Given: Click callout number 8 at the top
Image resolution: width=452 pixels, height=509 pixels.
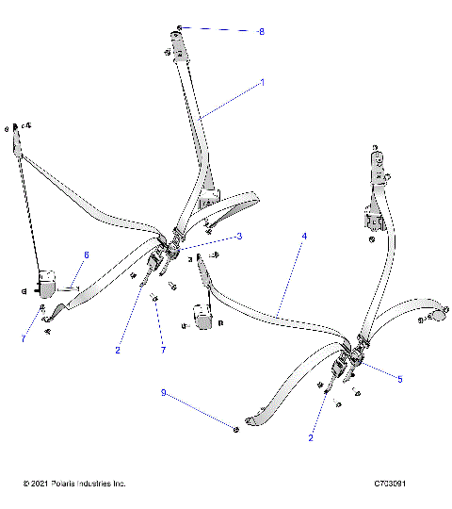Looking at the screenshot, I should click(x=261, y=32).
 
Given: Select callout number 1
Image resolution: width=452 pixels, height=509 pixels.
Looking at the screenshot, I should click(x=262, y=83).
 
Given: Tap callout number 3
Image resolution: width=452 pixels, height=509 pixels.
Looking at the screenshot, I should click(x=239, y=236).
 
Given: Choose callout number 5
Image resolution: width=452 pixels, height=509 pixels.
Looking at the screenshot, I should click(x=399, y=379).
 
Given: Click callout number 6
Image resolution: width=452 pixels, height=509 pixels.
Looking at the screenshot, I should click(x=86, y=254).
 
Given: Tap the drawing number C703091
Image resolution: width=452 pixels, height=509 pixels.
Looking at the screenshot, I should click(x=389, y=484).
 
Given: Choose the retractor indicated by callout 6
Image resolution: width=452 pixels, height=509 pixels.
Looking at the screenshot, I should click(x=46, y=283).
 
